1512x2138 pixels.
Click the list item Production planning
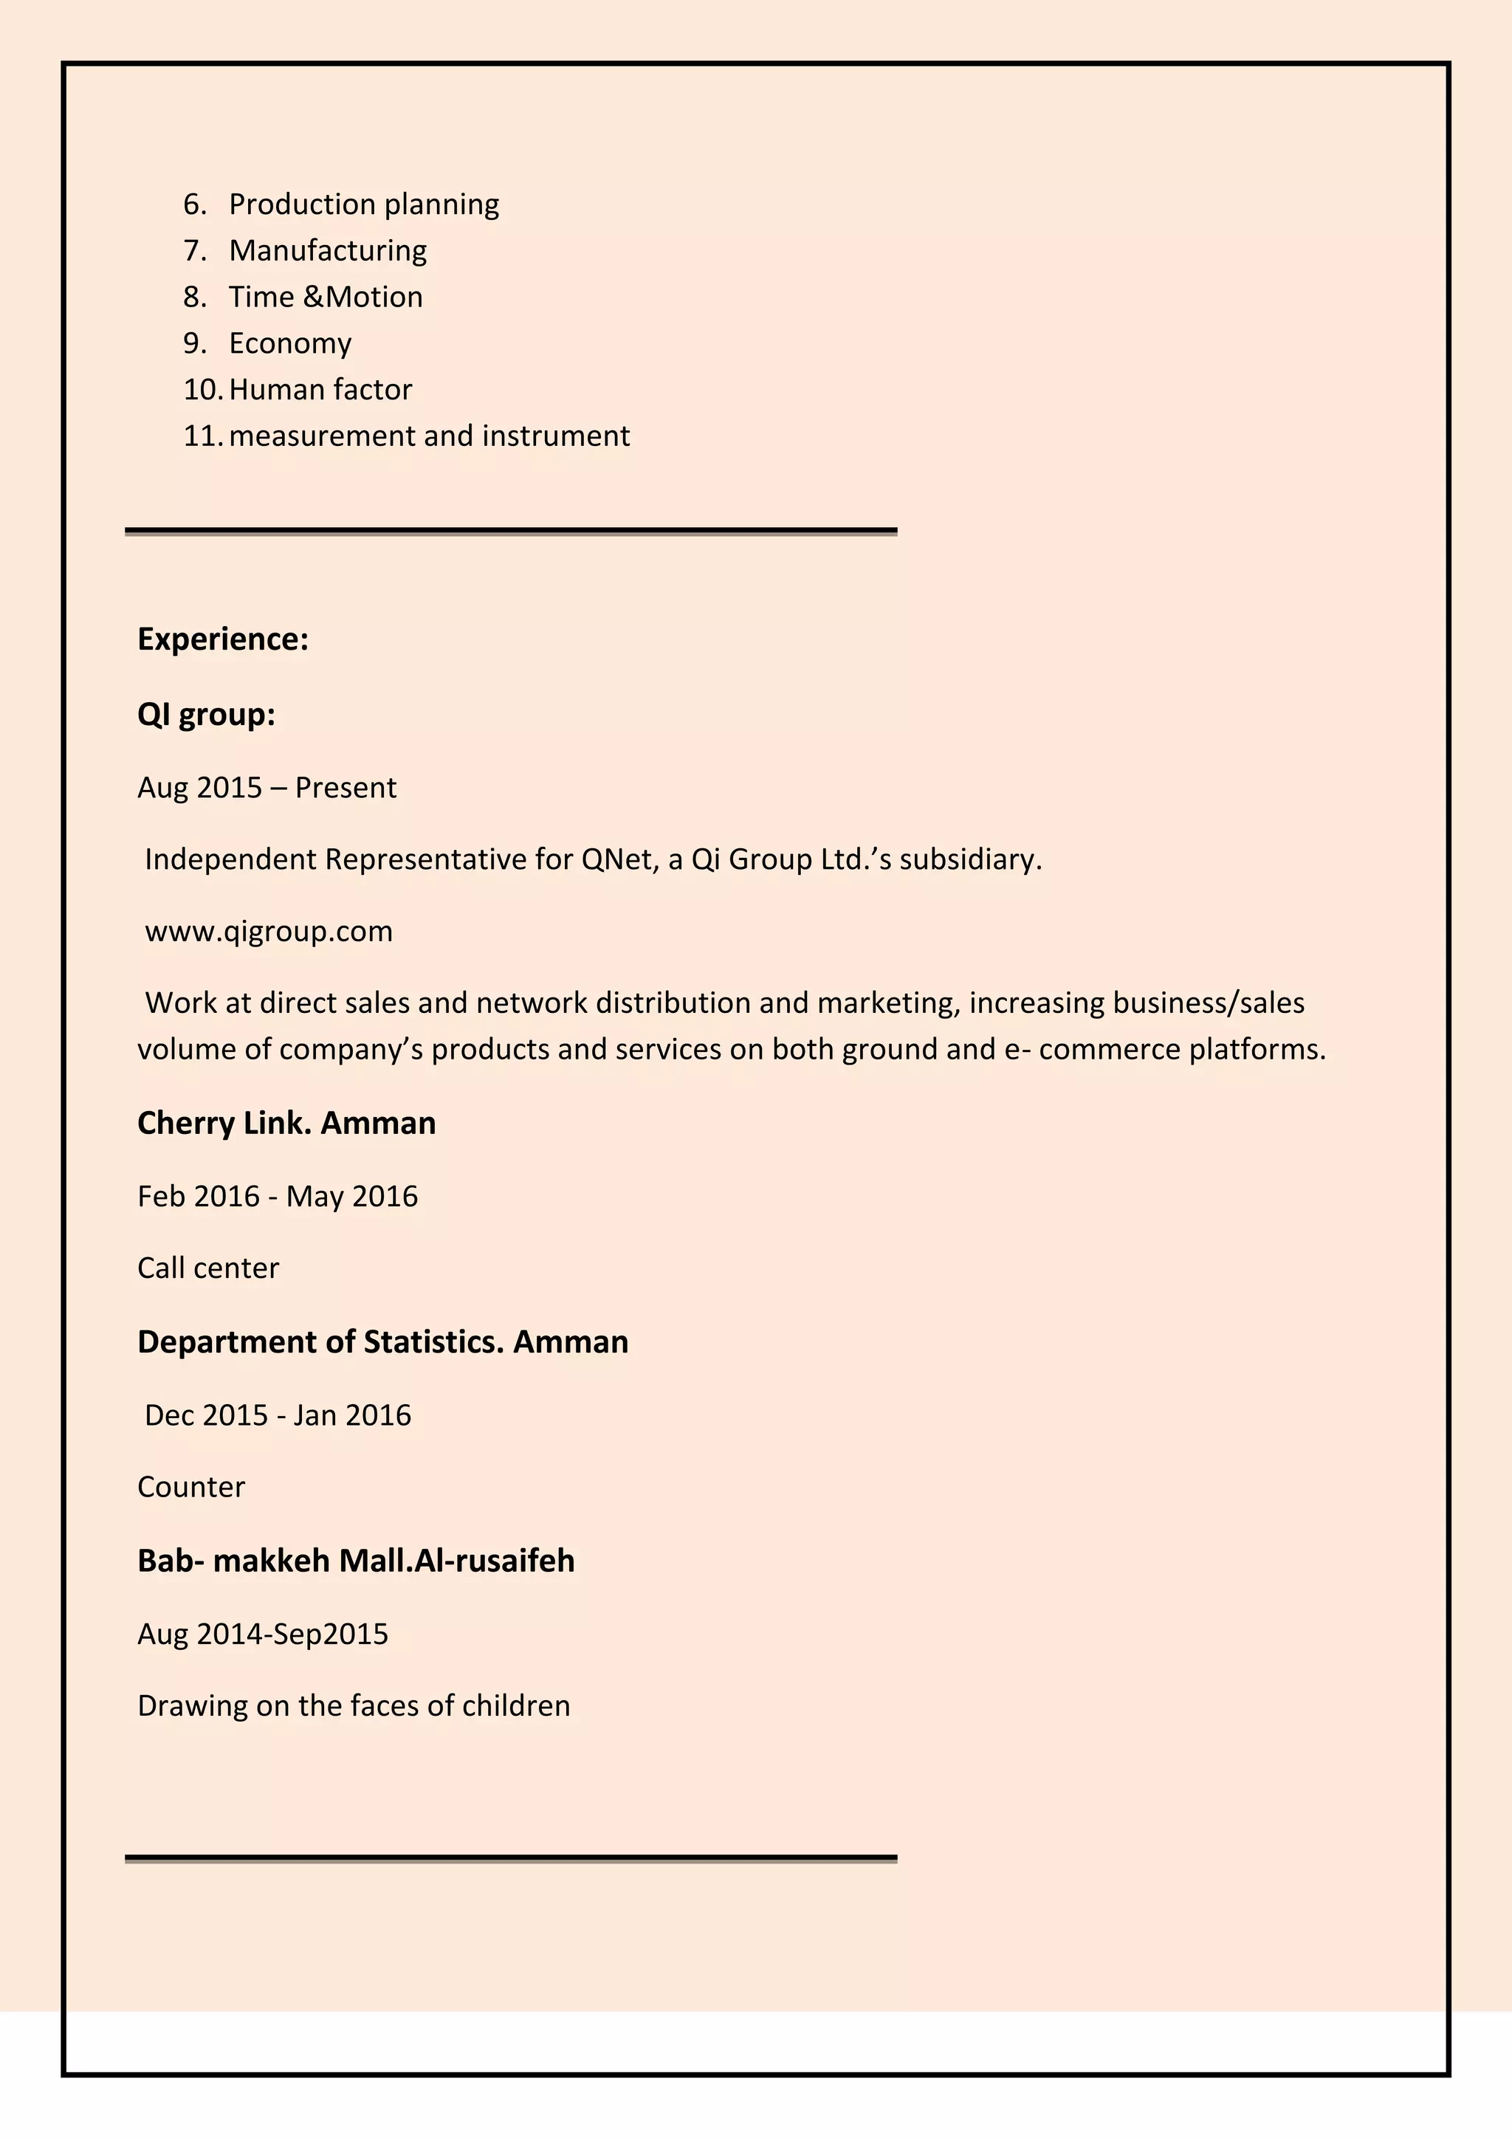point(363,204)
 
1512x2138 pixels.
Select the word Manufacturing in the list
point(328,250)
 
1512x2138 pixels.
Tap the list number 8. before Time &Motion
point(195,297)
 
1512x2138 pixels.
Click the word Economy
point(289,343)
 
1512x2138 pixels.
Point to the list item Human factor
point(320,389)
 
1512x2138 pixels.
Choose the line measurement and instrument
point(428,436)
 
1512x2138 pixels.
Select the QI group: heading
point(206,714)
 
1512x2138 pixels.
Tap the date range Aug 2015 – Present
point(267,788)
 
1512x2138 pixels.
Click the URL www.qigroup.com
point(268,931)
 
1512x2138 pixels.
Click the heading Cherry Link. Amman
point(286,1123)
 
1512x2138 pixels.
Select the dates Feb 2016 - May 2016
point(278,1196)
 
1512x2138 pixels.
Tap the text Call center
point(207,1268)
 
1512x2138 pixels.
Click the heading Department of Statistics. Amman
point(382,1342)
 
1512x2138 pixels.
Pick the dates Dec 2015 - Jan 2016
point(278,1415)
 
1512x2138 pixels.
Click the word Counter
point(191,1487)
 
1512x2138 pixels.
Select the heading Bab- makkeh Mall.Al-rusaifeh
point(356,1561)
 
